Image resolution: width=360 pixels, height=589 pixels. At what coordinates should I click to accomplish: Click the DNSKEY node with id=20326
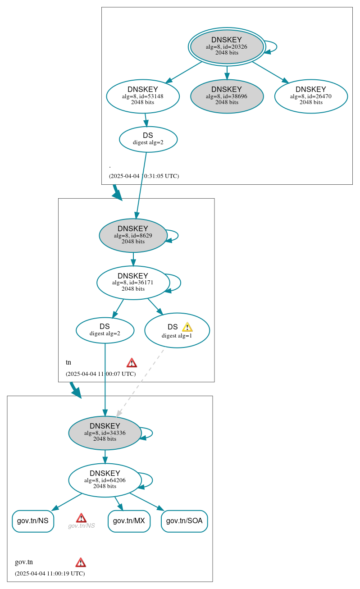(x=227, y=46)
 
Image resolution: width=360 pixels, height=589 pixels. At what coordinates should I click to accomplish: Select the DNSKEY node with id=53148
(x=143, y=96)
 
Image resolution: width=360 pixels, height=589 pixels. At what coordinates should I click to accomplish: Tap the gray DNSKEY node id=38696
(x=227, y=96)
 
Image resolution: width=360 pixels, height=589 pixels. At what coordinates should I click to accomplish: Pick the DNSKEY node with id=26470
(x=310, y=96)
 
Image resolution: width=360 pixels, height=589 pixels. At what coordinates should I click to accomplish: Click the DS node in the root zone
(x=148, y=139)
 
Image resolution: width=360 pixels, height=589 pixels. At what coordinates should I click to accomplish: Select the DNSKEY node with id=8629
(x=133, y=235)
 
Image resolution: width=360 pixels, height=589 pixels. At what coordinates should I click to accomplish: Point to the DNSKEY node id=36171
(x=133, y=283)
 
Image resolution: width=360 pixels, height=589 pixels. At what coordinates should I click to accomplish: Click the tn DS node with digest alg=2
(x=105, y=330)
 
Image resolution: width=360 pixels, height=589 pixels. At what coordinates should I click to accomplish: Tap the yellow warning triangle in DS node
(x=187, y=327)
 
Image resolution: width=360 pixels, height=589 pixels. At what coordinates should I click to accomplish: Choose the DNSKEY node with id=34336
(x=105, y=433)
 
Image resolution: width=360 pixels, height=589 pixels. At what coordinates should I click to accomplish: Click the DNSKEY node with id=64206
(x=105, y=480)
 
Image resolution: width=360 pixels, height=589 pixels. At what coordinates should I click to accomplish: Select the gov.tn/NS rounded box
(x=33, y=521)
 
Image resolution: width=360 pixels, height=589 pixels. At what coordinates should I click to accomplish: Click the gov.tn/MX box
(x=129, y=521)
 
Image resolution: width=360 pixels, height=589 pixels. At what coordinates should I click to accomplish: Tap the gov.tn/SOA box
(x=184, y=521)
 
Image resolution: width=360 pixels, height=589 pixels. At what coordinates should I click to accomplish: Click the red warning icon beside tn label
(x=132, y=363)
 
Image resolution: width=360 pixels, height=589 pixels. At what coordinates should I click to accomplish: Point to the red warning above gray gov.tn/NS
(x=81, y=518)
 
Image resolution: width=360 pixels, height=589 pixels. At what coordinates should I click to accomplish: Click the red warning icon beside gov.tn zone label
(x=81, y=562)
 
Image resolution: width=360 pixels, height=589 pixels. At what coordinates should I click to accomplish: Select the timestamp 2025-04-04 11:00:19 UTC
(x=50, y=574)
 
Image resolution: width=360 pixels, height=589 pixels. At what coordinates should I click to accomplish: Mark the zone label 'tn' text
(x=68, y=362)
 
